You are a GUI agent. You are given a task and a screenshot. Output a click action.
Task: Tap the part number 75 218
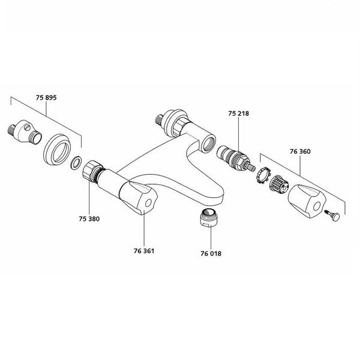pos(238,112)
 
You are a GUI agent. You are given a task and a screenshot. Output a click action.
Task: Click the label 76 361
pos(144,250)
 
